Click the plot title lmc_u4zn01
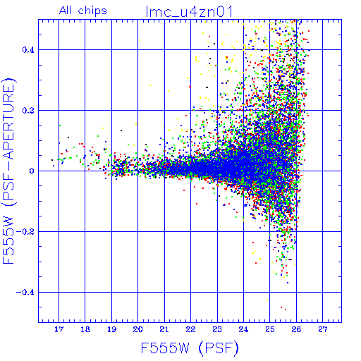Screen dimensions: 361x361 pos(189,12)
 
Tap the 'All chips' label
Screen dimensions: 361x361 pos(83,11)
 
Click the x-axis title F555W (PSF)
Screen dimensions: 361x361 pos(190,348)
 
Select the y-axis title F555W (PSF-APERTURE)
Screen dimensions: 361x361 pos(8,171)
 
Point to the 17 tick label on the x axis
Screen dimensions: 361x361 pos(59,329)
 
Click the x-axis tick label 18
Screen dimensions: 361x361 pos(85,329)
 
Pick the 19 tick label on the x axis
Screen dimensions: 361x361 pos(111,329)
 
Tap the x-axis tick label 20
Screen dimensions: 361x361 pos(137,329)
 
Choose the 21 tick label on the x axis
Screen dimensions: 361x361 pos(164,329)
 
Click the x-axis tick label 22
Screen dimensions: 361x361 pos(190,329)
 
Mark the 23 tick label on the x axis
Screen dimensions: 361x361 pos(217,329)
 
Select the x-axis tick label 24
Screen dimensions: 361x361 pos(243,329)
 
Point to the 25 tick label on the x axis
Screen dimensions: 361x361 pos(270,329)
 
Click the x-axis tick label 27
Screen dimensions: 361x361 pos(323,329)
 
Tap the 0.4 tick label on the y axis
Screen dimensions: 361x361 pos(28,50)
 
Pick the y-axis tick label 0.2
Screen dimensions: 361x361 pos(28,111)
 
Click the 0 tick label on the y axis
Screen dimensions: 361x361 pos(32,171)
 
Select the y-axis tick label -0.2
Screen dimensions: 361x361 pos(25,232)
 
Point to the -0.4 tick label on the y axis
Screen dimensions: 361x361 pos(25,293)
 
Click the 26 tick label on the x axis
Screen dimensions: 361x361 pos(296,329)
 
